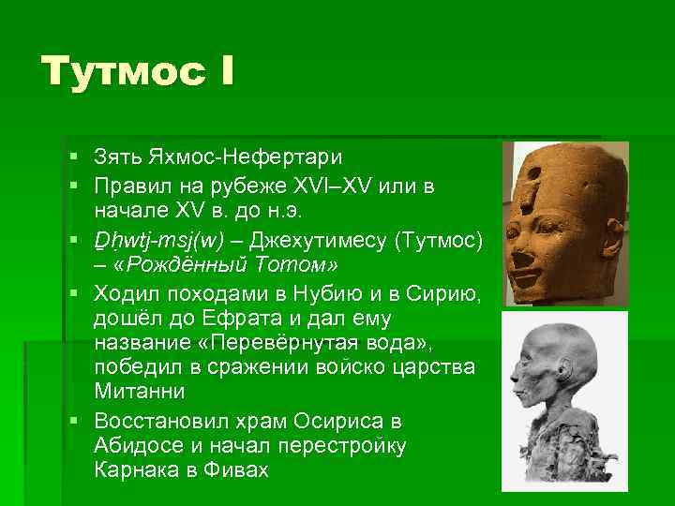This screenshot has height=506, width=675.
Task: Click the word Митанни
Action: click(x=139, y=389)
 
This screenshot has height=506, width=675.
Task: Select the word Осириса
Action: click(x=337, y=420)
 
